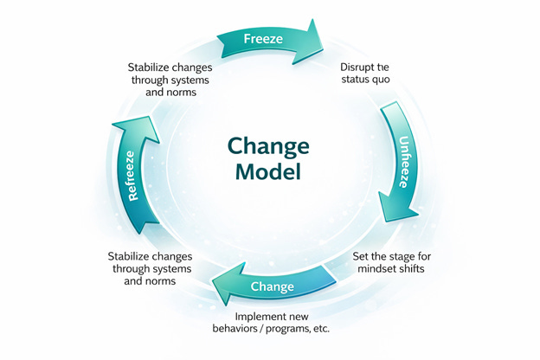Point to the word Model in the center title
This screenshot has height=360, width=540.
(270, 170)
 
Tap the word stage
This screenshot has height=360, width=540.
(408, 256)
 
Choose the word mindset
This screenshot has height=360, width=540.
(377, 272)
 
